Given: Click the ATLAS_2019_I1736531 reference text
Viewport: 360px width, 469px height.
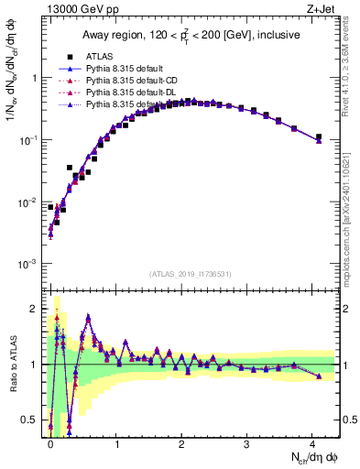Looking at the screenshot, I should [191, 274].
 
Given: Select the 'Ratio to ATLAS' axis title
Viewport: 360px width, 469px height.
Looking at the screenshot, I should [13, 364].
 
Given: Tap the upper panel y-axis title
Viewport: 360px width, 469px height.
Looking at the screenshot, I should [13, 92].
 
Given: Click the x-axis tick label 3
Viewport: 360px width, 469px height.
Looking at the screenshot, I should [246, 442].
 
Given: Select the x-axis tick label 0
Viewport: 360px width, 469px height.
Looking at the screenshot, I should [50, 442].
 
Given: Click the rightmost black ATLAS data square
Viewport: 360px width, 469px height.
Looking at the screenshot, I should [319, 137].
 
